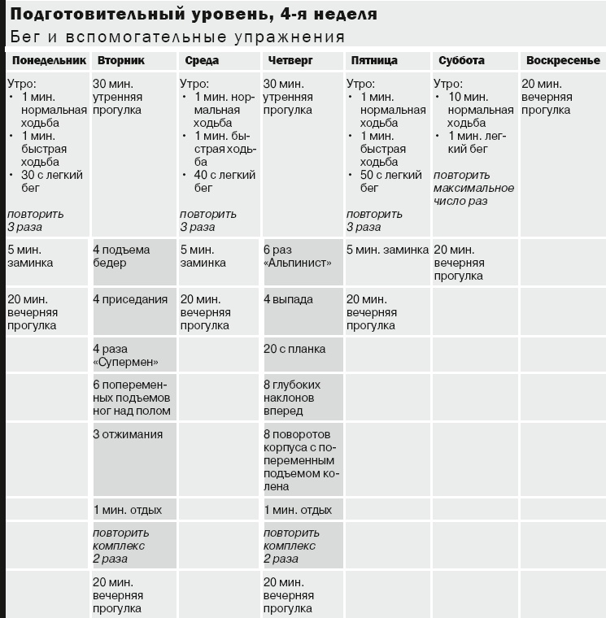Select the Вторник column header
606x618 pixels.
pos(121,61)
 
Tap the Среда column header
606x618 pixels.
pos(202,61)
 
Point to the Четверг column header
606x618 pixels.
pos(288,61)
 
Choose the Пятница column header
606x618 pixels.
pos(373,61)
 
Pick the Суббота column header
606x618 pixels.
pos(461,61)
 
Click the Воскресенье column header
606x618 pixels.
pos(563,61)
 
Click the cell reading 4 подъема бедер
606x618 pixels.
pos(122,256)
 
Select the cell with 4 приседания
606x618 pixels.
pos(130,299)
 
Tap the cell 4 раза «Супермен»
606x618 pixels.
pos(125,355)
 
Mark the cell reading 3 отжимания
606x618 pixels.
pos(128,434)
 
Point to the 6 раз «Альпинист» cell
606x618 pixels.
pos(298,256)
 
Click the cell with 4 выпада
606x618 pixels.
pos(288,299)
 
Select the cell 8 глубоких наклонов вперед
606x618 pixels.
pos(292,398)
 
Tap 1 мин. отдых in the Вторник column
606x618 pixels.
pos(128,510)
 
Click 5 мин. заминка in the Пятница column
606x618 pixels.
pos(387,250)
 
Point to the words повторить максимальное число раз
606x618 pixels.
pos(473,188)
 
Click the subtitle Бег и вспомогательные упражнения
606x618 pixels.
pos(177,37)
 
